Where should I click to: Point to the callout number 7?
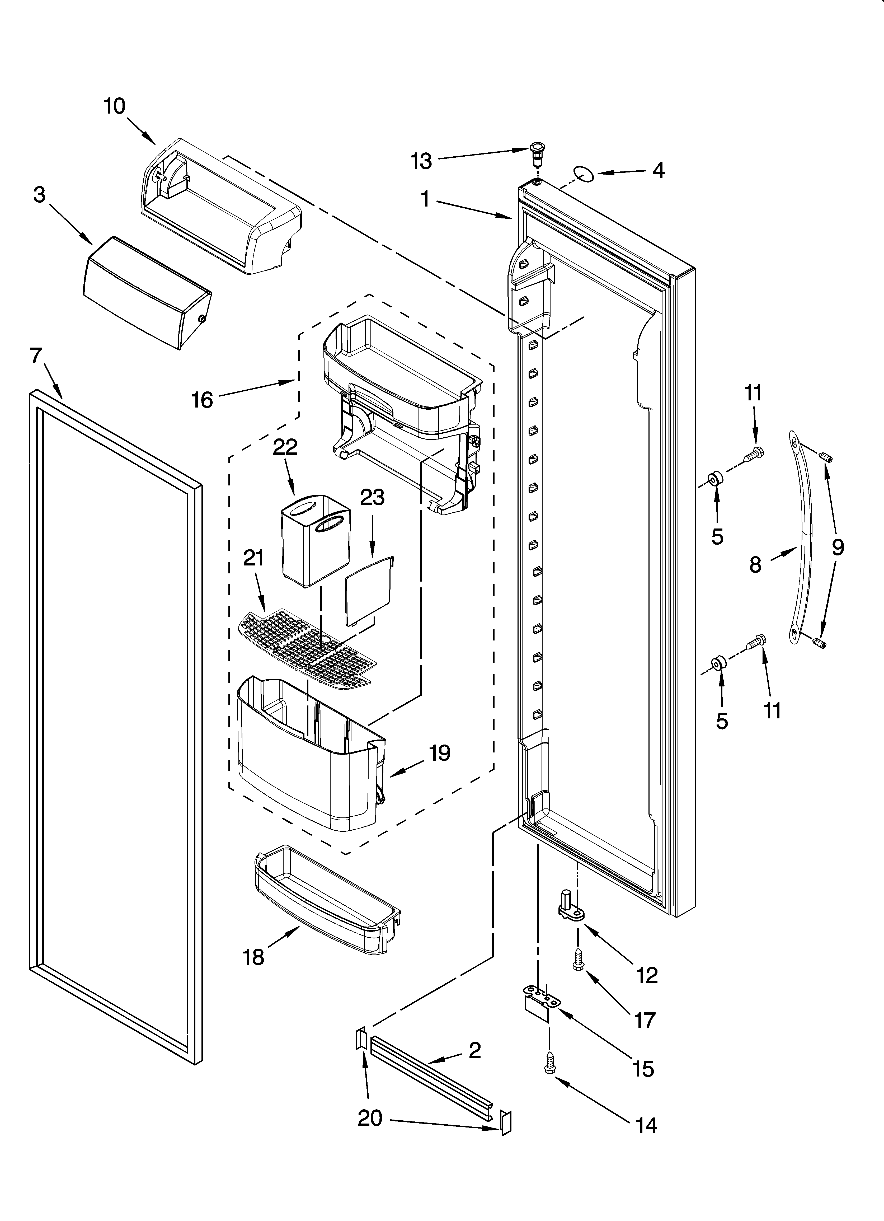tap(36, 356)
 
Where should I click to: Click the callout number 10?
tap(115, 106)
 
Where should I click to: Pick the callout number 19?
tap(439, 753)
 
